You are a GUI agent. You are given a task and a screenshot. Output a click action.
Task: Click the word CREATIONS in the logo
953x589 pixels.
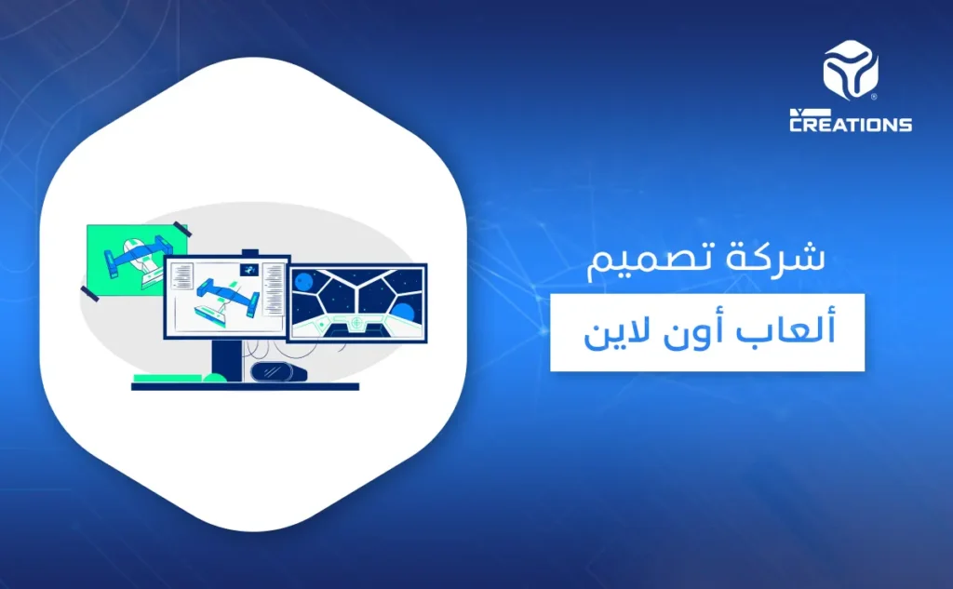[x=851, y=124]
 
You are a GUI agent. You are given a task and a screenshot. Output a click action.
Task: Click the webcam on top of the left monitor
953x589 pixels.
[x=250, y=251]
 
